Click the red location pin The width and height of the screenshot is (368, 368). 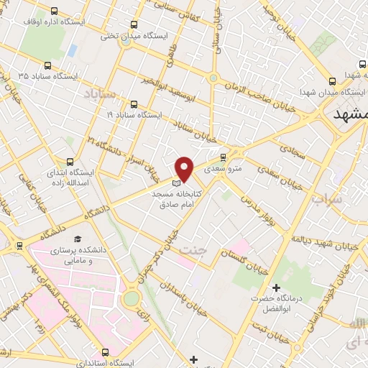point(185,168)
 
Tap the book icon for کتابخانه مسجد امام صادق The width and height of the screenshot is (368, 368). point(177,183)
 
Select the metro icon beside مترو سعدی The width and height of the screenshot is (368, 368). point(222,157)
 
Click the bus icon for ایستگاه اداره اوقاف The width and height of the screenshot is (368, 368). point(55,11)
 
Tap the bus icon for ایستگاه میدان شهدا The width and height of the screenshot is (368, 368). point(331,81)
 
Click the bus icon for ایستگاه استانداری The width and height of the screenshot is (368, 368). point(106,352)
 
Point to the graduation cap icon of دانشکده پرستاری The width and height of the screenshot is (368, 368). point(77,239)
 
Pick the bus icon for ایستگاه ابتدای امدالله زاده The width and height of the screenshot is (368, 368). point(70,162)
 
